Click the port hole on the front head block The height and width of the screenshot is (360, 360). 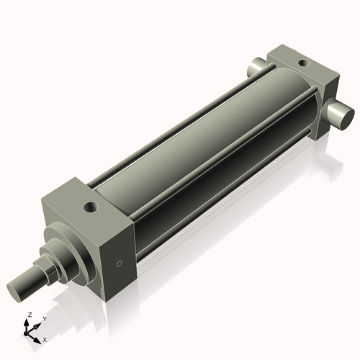[x=90, y=207]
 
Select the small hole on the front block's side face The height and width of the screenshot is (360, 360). [x=120, y=263]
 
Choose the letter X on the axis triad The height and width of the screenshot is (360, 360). [x=45, y=338]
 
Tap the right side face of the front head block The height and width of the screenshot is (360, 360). [x=118, y=256]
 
